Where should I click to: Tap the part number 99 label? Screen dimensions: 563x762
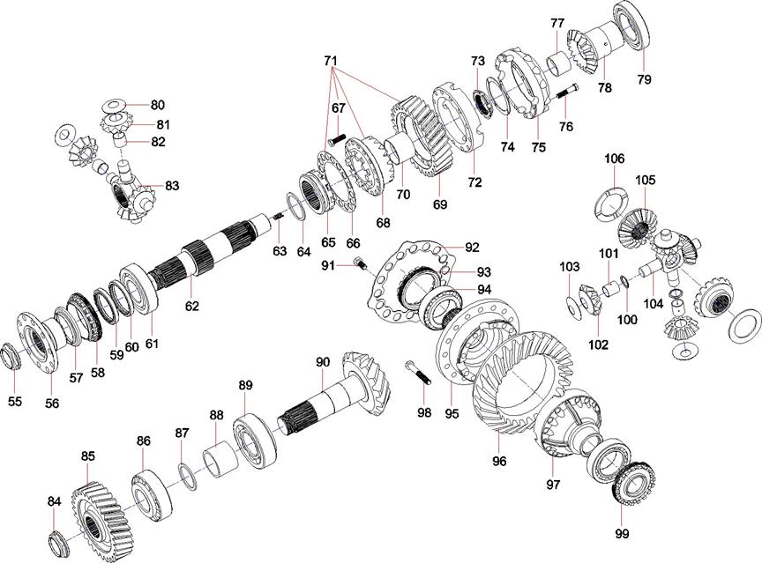click(x=623, y=534)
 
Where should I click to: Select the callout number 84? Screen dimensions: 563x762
click(x=55, y=501)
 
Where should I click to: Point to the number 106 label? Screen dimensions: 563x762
click(x=615, y=159)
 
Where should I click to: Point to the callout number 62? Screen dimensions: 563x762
click(x=191, y=306)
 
